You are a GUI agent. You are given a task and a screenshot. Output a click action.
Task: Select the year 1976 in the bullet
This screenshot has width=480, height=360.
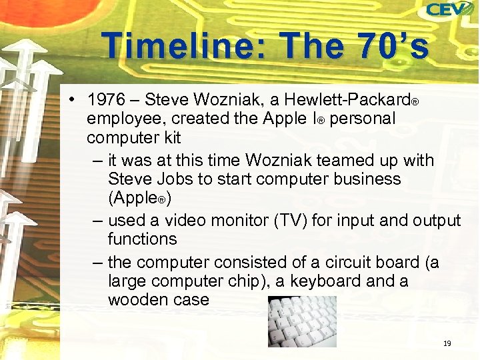tap(105, 100)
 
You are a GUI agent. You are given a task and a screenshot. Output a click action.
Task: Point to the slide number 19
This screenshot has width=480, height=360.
tap(447, 343)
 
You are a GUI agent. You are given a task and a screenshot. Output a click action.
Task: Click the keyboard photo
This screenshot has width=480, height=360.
tap(302, 321)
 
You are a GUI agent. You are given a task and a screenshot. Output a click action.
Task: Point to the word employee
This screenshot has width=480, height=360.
tap(125, 119)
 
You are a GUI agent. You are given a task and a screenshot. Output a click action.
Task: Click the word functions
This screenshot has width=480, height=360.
tap(142, 239)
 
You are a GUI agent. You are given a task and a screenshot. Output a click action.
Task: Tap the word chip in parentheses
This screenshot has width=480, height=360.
tap(243, 281)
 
